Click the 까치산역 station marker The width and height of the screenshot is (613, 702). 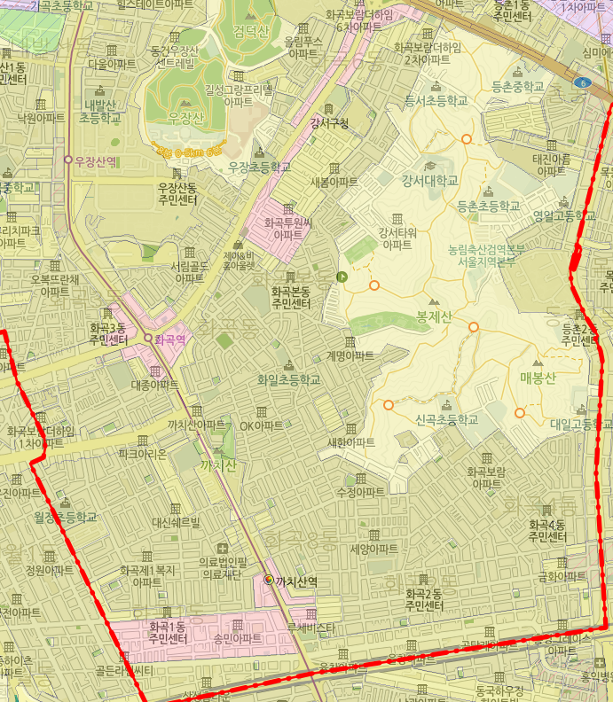point(270,580)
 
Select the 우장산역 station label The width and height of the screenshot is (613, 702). point(97,160)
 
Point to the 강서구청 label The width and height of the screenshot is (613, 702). point(329,122)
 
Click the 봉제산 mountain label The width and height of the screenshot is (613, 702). point(434,316)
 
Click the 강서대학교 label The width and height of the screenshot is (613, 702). point(430,181)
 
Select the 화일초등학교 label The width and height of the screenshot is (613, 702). point(287,379)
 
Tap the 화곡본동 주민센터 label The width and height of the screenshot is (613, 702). point(291,297)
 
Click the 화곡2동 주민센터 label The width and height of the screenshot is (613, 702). point(424,600)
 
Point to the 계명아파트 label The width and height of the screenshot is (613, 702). point(350,355)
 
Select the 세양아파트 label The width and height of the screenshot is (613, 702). point(373,549)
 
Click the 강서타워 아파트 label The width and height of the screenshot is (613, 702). point(397,238)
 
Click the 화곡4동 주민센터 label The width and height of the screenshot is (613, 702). point(547,530)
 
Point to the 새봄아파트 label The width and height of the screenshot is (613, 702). point(334,182)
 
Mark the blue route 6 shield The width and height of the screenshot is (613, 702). point(582,83)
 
